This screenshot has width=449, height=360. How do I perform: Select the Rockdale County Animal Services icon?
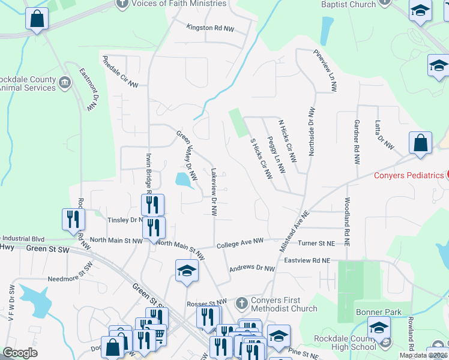click(65, 80)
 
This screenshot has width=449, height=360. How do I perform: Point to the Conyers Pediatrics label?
click(409, 175)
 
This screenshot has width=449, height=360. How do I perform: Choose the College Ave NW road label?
click(240, 241)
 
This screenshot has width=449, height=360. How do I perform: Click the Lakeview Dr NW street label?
click(213, 191)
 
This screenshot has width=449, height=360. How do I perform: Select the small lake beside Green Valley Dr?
click(183, 179)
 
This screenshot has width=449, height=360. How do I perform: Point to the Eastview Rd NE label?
click(307, 260)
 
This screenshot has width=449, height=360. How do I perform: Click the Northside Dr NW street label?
click(312, 131)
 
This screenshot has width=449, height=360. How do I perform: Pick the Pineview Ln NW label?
click(325, 70)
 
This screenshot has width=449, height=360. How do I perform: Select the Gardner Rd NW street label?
click(357, 142)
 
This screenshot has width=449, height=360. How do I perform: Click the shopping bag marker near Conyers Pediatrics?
click(420, 145)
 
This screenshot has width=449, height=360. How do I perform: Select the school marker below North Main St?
click(187, 272)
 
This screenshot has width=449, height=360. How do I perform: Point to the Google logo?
click(20, 353)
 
